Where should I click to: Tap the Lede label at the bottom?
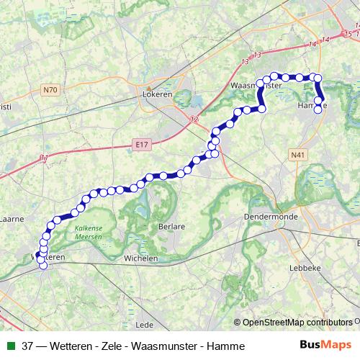point(145,324)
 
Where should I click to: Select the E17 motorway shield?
point(142,145)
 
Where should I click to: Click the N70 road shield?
point(50,90)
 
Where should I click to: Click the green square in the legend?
point(9,346)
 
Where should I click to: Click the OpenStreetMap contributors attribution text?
point(297,323)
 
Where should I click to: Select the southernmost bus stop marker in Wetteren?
point(43,265)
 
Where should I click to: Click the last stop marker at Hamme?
point(319,109)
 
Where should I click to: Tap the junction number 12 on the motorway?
point(194,120)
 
